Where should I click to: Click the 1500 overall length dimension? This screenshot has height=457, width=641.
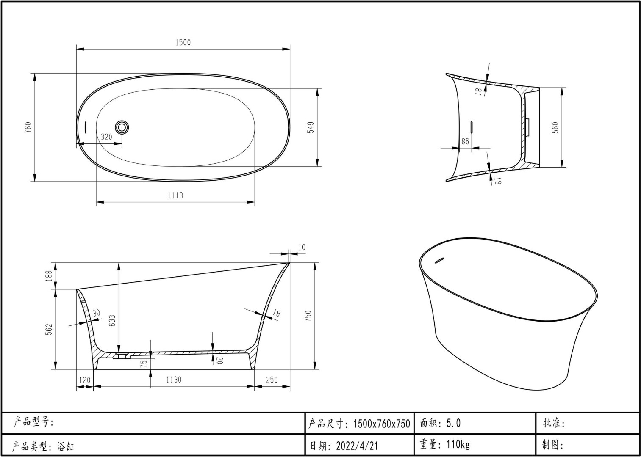pos(183,43)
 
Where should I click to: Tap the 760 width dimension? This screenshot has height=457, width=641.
pos(28,127)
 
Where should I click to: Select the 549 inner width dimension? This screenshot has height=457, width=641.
pos(311,127)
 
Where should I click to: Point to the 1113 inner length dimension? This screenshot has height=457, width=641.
pos(175,195)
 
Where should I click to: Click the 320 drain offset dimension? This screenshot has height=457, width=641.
pos(106,137)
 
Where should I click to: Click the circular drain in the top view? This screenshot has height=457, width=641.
pos(122,127)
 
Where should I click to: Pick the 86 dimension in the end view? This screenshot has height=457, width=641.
pos(465,141)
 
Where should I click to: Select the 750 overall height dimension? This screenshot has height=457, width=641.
pos(308,316)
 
